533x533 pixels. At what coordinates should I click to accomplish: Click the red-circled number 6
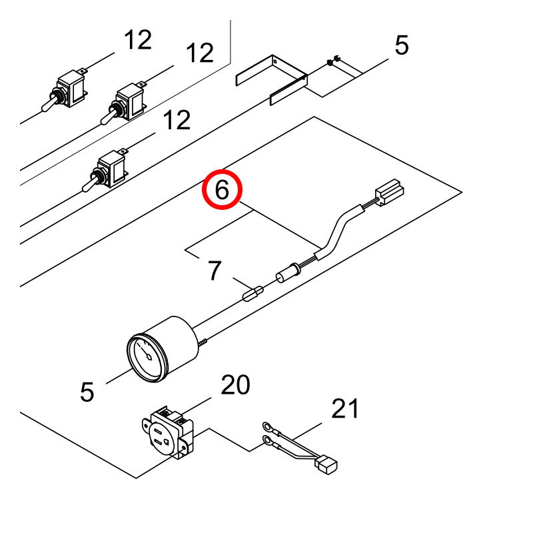point(222,190)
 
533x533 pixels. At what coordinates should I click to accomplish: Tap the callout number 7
point(215,270)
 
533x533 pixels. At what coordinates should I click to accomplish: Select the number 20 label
point(236,385)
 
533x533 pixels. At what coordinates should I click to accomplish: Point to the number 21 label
point(344,408)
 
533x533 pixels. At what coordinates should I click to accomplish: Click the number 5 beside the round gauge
point(87,392)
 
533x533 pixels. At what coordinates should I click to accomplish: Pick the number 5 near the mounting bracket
point(402,45)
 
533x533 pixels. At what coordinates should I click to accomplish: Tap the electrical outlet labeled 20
point(168,432)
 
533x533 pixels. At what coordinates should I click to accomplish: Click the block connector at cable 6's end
point(390,192)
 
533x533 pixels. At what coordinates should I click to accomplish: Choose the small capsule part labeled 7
point(253,294)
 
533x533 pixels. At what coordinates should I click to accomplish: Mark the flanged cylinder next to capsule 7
point(288,273)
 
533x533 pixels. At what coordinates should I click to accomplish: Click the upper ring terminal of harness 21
point(268,426)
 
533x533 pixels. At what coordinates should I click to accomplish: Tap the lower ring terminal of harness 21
point(268,441)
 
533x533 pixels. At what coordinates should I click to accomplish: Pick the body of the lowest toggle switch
point(110,169)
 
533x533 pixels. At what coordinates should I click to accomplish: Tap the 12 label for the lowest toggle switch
point(177,120)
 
